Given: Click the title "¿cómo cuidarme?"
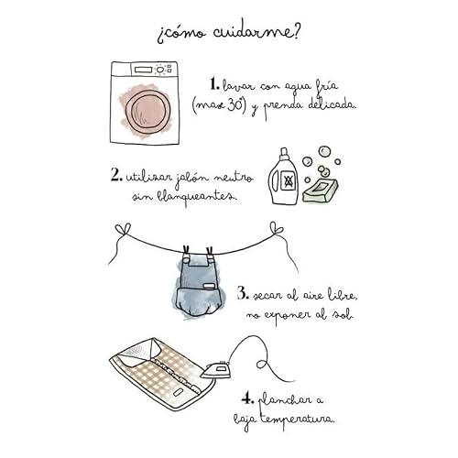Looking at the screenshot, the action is coord(228,34).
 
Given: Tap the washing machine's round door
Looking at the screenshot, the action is coord(146,111).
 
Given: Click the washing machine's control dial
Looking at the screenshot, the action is coord(159,70).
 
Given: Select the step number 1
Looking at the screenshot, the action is coord(214,84).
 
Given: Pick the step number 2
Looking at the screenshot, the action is coord(116,176).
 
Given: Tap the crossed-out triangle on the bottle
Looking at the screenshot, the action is coord(288,181).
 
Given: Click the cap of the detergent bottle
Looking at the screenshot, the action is coord(284,155).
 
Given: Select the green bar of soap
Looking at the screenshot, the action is coord(321,190).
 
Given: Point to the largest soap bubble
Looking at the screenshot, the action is coord(324,151).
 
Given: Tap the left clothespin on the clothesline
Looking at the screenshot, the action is coord(186,252).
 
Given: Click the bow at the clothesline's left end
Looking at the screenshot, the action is coord(123,230).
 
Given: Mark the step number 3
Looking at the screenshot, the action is coord(243,293).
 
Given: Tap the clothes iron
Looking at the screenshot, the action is coord(216,370).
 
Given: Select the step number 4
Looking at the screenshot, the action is coord(247,398).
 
